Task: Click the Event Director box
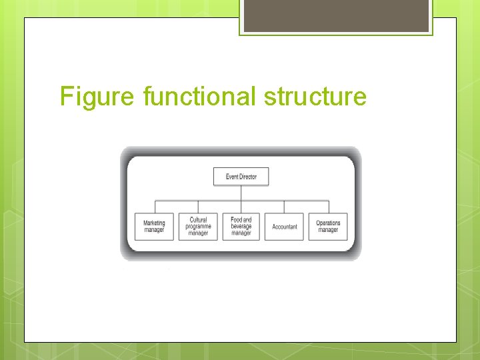241,177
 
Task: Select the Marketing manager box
154,227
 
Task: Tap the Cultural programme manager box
198,227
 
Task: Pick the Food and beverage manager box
241,227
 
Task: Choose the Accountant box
285,227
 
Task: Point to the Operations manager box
328,227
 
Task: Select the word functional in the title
199,97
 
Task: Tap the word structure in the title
315,97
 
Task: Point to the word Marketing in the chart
154,223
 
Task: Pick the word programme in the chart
198,227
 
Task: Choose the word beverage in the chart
241,227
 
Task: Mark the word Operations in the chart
328,223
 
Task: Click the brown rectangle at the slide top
335,15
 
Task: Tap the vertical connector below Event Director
241,193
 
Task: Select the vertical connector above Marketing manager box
155,207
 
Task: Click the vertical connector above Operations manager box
329,207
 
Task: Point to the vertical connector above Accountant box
285,207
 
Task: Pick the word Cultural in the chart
198,220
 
